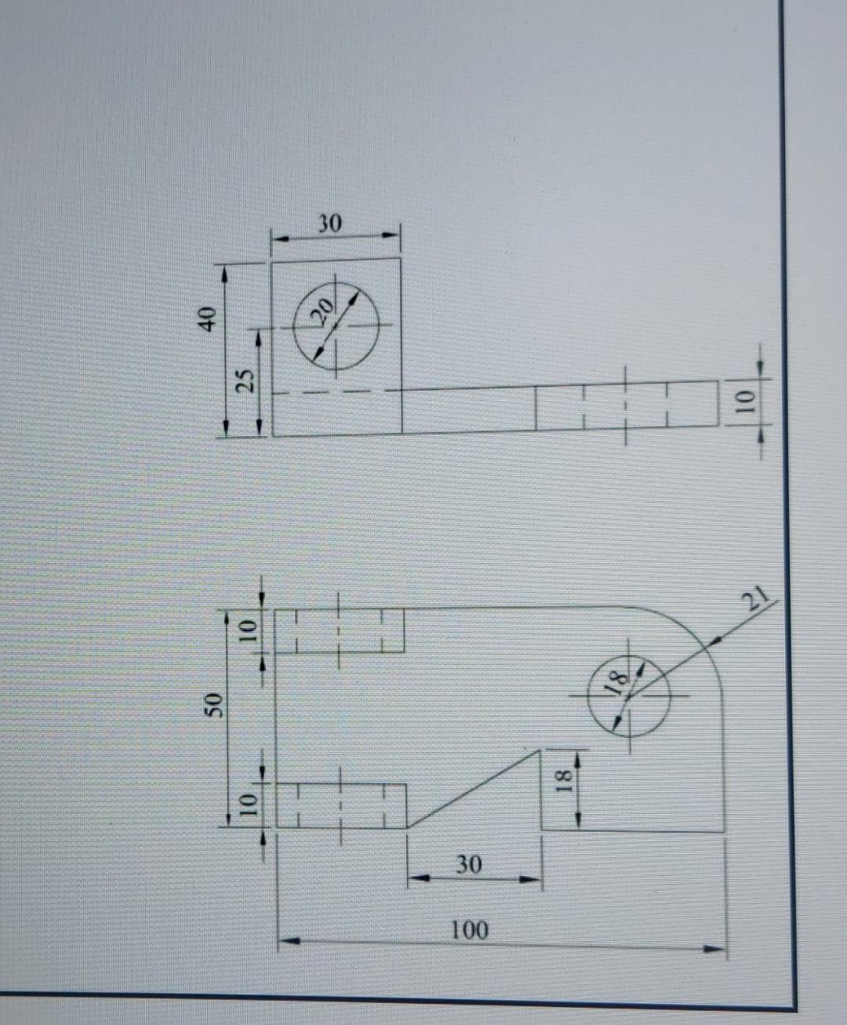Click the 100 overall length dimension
tap(470, 930)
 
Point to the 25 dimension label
tap(246, 380)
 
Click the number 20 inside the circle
tap(322, 311)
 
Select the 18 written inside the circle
tap(616, 681)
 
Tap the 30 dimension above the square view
tap(329, 224)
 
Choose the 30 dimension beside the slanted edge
tap(468, 865)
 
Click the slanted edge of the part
tap(474, 788)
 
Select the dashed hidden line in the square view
tap(337, 392)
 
